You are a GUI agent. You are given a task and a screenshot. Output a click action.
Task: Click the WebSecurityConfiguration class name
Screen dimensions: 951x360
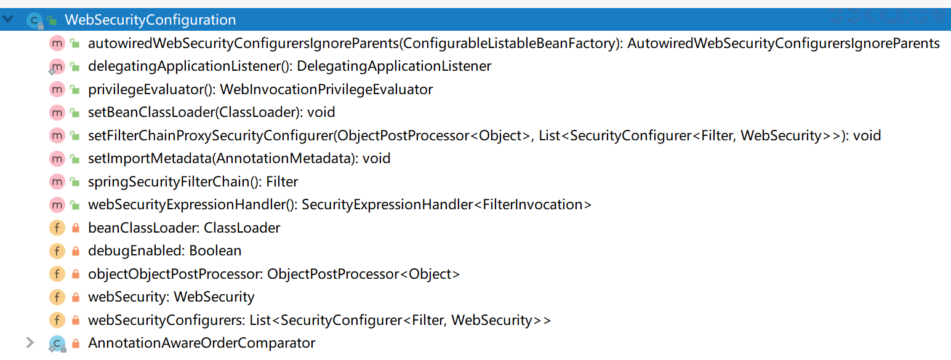click(150, 20)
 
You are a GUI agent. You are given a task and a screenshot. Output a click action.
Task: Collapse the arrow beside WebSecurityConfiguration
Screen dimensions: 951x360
click(8, 20)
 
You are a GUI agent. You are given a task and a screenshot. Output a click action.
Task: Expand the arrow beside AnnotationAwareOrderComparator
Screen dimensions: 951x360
click(30, 343)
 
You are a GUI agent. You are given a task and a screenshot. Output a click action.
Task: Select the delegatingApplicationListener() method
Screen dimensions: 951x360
click(289, 66)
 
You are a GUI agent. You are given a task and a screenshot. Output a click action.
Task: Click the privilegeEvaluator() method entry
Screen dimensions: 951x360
click(260, 90)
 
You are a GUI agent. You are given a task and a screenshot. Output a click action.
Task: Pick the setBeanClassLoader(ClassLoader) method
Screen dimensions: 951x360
click(211, 113)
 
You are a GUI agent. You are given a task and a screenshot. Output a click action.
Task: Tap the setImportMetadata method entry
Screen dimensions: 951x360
click(239, 159)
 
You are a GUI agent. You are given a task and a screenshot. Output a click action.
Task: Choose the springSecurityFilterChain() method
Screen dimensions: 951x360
click(193, 182)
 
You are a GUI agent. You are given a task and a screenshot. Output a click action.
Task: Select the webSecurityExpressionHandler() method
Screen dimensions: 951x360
click(340, 205)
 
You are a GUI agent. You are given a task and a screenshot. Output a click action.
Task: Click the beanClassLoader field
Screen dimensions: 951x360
click(184, 228)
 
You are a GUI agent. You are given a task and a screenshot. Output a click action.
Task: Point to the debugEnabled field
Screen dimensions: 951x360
click(165, 251)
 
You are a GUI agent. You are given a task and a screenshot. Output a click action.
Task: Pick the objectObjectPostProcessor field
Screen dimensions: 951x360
click(274, 274)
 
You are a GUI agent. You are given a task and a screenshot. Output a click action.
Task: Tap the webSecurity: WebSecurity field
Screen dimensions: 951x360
click(171, 297)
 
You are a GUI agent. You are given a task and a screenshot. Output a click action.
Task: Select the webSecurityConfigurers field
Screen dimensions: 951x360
click(319, 320)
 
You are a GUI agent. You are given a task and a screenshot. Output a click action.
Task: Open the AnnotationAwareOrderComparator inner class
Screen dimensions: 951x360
click(202, 343)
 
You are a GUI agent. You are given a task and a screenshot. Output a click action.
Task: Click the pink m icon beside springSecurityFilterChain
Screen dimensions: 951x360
click(57, 182)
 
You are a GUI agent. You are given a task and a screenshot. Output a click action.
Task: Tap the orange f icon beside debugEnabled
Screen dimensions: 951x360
click(57, 251)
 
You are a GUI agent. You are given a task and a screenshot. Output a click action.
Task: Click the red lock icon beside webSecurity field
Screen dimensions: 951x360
click(76, 297)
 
